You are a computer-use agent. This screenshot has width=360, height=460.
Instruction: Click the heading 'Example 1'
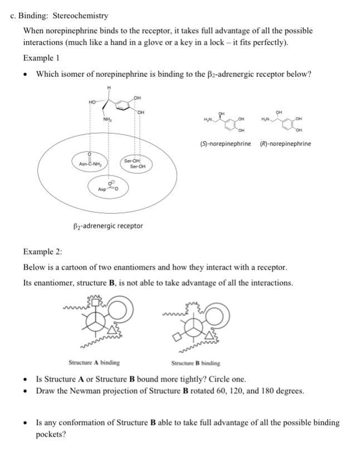(41, 58)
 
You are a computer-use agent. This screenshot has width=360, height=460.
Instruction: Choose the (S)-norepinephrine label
(226, 144)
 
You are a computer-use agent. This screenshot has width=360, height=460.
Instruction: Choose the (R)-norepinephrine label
(286, 144)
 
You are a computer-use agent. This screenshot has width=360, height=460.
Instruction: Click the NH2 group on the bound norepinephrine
(106, 117)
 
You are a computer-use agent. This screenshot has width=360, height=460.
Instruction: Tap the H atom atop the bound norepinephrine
(109, 87)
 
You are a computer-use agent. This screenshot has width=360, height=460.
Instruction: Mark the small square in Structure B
(178, 337)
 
